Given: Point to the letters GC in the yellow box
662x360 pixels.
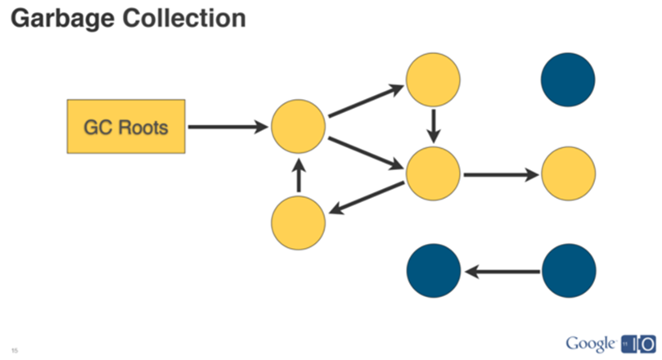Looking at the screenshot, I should [x=97, y=128].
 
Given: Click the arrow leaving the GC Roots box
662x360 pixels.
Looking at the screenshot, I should [x=228, y=128].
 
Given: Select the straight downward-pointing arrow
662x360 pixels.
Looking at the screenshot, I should [x=434, y=125].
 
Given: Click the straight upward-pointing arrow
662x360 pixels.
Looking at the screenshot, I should [x=299, y=174].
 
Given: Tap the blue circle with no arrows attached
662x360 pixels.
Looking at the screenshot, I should [x=568, y=80].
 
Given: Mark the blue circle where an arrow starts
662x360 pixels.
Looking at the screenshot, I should [x=568, y=270].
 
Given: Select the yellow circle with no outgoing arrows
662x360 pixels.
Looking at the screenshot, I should [x=568, y=173].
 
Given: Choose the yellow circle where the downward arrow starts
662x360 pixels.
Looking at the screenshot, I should [x=434, y=80].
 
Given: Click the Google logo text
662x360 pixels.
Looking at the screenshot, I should [x=589, y=341].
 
